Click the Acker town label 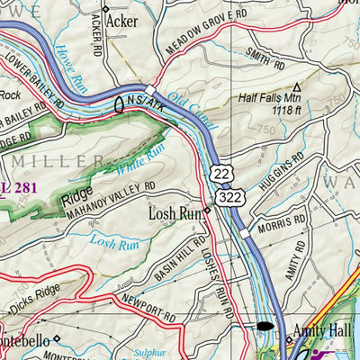pos(121,19)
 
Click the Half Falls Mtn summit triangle pos(298,87)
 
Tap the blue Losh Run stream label pos(114,241)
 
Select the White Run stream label pos(134,162)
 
